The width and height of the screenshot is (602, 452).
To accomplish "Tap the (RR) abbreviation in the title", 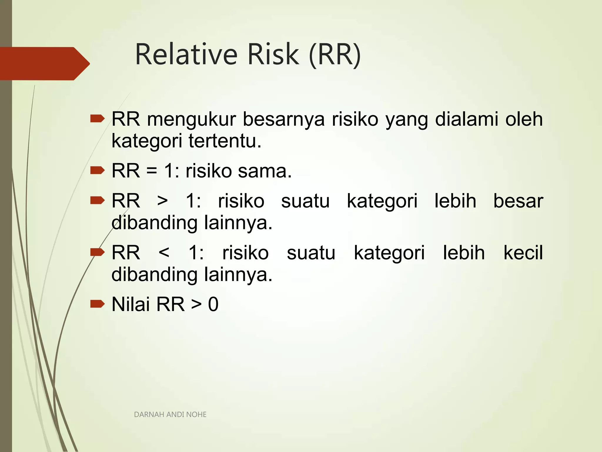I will click(335, 55).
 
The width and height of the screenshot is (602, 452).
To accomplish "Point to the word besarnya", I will click(284, 120).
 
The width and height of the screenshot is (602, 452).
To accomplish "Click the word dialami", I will click(466, 119).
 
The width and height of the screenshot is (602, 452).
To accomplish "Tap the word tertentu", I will click(225, 141).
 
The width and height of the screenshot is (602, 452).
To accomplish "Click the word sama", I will click(265, 171).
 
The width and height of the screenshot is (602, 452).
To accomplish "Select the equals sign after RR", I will click(152, 171).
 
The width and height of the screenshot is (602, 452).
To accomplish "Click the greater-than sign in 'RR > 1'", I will click(163, 201).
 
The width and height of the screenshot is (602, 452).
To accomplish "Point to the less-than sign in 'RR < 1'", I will click(164, 253).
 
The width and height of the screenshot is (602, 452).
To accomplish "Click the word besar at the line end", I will click(518, 201).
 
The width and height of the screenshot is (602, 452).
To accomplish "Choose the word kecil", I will click(523, 253).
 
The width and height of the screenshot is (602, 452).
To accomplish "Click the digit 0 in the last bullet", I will click(213, 305).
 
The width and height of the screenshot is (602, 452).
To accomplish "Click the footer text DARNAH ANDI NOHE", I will click(170, 415).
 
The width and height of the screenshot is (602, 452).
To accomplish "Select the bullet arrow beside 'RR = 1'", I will click(97, 170).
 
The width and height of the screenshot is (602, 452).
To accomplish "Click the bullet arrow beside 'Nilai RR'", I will click(97, 304).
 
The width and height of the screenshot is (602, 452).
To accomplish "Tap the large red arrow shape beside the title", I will click(44, 64).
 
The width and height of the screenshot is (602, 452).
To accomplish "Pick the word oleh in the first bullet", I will click(524, 119).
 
